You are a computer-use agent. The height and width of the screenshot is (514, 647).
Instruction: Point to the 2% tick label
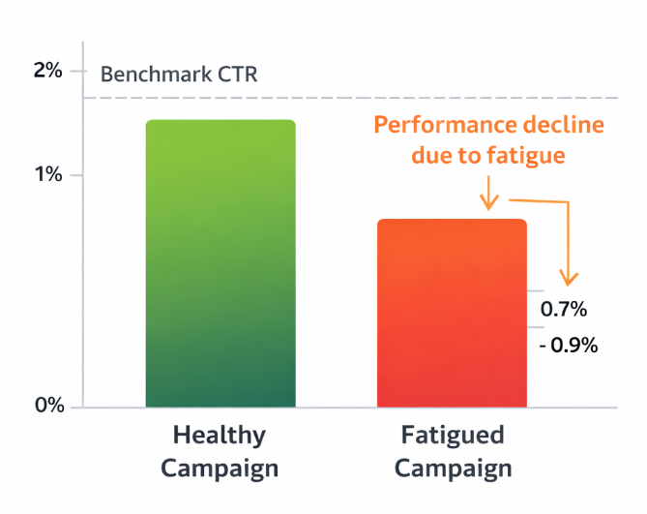pyautogui.click(x=48, y=72)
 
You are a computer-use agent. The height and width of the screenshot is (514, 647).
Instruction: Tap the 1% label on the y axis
pyautogui.click(x=48, y=175)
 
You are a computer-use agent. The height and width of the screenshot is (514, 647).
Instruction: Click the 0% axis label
pyautogui.click(x=48, y=406)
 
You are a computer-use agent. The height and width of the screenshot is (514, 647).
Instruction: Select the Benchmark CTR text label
pyautogui.click(x=179, y=75)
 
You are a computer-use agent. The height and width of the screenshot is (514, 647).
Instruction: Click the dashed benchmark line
pyautogui.click(x=387, y=98)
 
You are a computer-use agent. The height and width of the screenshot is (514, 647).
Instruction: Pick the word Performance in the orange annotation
pyautogui.click(x=442, y=126)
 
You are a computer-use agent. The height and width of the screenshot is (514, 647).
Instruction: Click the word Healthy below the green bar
pyautogui.click(x=219, y=434)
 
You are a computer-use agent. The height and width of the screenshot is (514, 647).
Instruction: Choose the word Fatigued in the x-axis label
pyautogui.click(x=452, y=434)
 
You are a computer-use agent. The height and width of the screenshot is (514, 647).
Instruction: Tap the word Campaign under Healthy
pyautogui.click(x=219, y=469)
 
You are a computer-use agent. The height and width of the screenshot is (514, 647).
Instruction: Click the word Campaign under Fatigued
pyautogui.click(x=452, y=469)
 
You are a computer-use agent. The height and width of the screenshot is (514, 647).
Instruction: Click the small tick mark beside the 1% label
pyautogui.click(x=75, y=175)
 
